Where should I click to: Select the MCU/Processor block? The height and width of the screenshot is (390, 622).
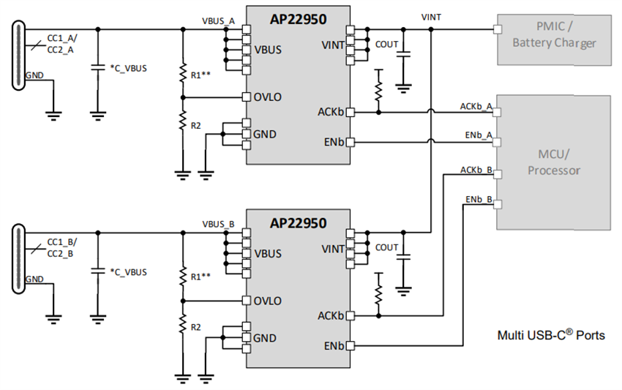(553, 162)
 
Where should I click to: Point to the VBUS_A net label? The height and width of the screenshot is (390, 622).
(218, 21)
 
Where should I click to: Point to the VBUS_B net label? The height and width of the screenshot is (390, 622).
(218, 224)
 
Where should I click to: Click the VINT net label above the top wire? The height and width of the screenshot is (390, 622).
(432, 16)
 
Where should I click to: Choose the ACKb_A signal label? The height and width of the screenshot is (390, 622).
(476, 106)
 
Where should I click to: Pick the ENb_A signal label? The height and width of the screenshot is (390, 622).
(477, 136)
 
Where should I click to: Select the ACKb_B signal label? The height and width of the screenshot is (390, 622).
(476, 169)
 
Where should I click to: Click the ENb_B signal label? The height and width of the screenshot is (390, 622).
(477, 199)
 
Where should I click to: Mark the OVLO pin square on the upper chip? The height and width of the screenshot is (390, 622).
(247, 97)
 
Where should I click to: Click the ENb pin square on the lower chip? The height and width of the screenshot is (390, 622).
(351, 345)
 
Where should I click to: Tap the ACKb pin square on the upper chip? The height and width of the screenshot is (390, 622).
(351, 112)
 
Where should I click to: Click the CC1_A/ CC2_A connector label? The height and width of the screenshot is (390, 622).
(60, 44)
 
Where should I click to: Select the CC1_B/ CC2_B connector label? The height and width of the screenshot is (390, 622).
(60, 247)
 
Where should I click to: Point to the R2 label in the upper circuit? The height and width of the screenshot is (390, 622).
(195, 126)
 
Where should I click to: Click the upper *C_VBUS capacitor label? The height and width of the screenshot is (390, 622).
(128, 68)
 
